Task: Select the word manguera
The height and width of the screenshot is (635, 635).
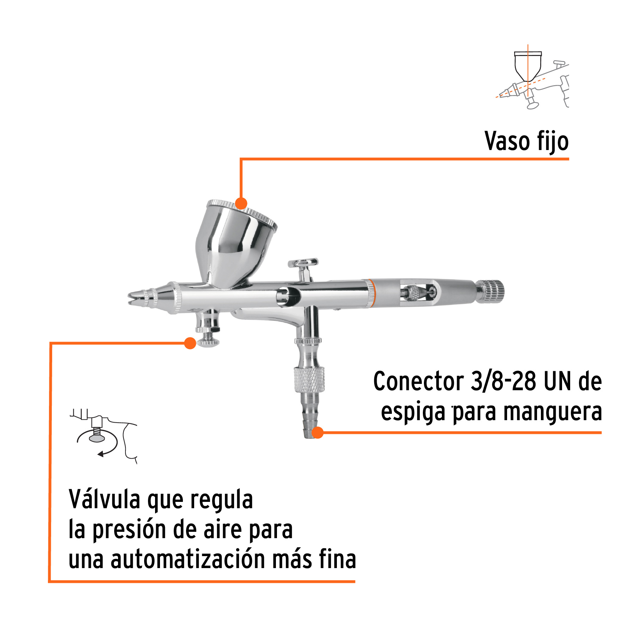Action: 552,412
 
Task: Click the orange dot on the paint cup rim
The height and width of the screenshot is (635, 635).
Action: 241,204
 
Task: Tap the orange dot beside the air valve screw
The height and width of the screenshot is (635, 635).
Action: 190,343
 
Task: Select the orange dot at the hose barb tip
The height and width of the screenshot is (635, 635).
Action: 317,432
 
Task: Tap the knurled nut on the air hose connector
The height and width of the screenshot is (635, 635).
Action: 309,379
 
